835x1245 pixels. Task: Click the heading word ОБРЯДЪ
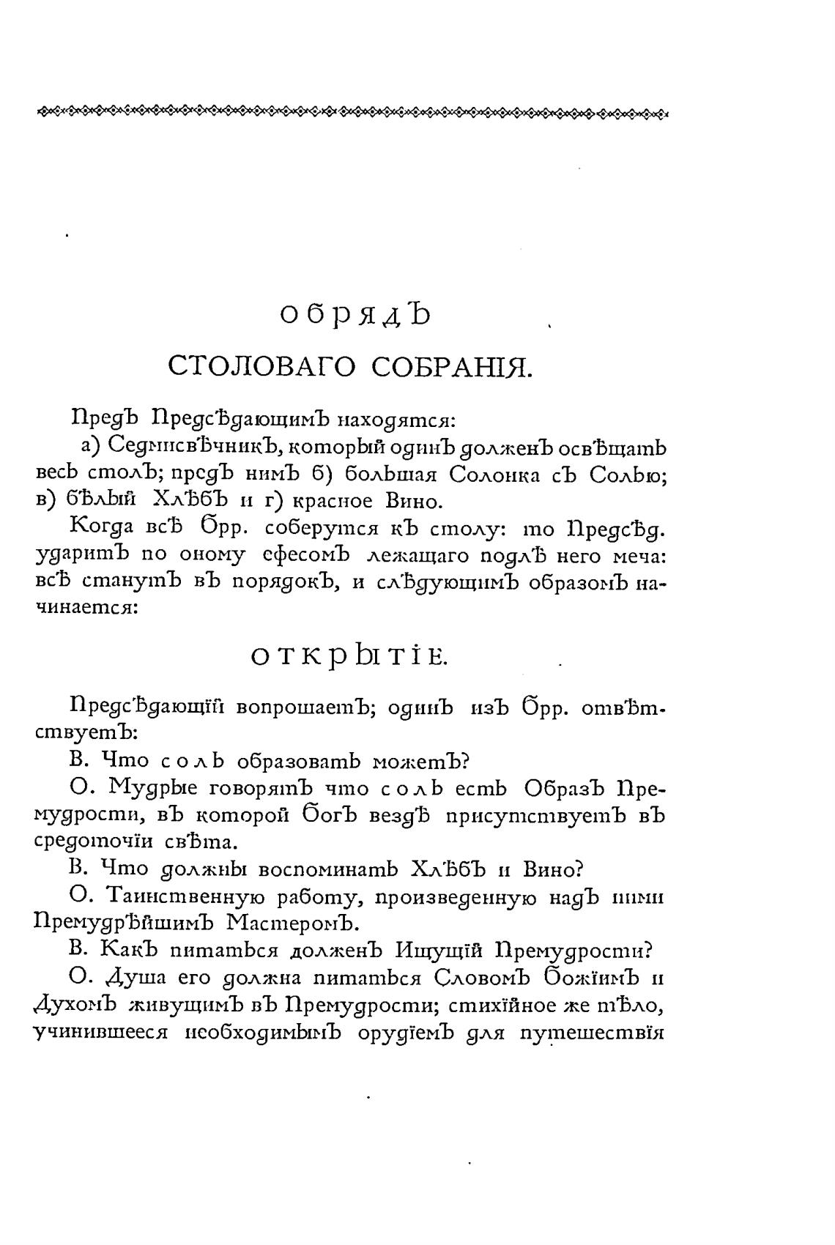click(357, 315)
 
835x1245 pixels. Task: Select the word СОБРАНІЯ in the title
click(450, 365)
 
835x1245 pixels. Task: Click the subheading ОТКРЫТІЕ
click(348, 657)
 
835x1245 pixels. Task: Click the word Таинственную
click(186, 896)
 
